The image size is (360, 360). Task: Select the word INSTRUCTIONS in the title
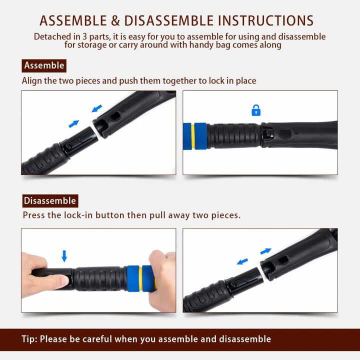265,20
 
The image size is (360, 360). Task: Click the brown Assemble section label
44,65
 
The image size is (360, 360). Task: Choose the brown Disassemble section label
50,201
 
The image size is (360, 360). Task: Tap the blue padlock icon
256,110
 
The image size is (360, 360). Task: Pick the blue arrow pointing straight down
64,256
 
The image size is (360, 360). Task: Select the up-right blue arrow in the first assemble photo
74,123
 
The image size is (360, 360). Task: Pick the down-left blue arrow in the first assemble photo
97,107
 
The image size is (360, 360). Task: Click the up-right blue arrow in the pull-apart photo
265,251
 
